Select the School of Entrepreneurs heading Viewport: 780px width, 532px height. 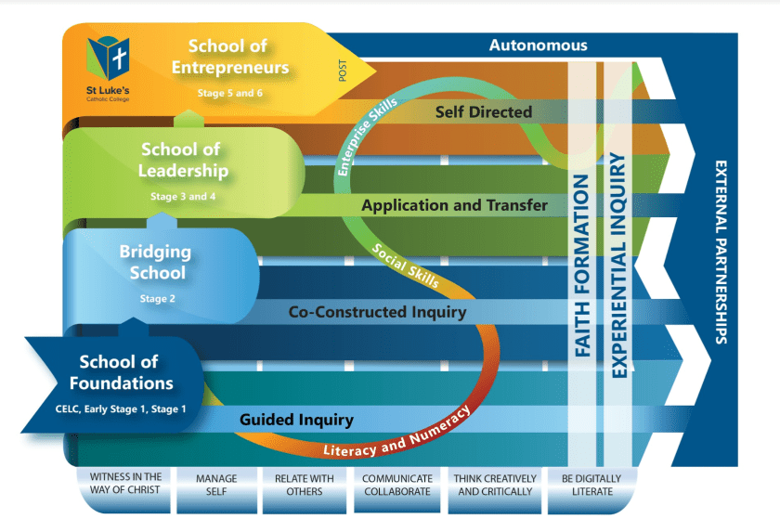point(239,57)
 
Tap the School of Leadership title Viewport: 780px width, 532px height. point(183,160)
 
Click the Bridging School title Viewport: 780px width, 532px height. point(156,261)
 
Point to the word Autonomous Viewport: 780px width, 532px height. point(538,45)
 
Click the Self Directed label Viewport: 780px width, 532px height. point(484,111)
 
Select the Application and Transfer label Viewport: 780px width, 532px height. point(454,204)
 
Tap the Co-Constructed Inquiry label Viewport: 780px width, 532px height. point(377,312)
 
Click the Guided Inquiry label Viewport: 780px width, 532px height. point(296,420)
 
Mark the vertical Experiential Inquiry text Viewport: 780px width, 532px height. point(618,264)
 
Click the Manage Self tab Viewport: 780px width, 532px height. point(216,485)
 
